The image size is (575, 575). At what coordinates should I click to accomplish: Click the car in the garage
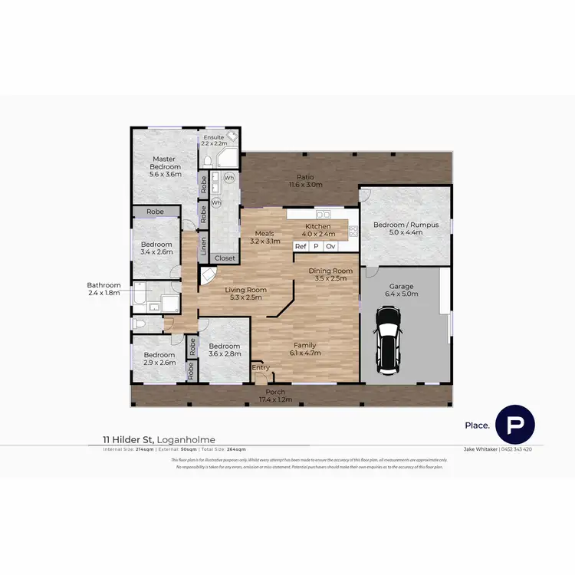387,337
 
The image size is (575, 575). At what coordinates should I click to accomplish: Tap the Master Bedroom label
166,163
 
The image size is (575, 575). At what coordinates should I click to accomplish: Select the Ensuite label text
214,138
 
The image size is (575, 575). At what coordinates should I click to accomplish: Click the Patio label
301,177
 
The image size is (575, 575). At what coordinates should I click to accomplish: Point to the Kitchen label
318,226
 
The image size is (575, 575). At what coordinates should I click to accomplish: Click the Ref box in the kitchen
301,246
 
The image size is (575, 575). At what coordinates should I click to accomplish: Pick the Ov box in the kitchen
330,246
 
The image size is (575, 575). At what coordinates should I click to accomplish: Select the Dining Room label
330,271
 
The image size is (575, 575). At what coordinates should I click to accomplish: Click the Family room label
304,345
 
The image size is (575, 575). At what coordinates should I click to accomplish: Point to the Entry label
261,368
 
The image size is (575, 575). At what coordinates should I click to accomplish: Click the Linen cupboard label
203,245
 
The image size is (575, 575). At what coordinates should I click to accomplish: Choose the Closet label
225,258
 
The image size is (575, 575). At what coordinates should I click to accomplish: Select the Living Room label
245,290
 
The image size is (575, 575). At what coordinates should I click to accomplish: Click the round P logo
515,425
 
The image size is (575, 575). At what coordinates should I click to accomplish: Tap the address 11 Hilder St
129,439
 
